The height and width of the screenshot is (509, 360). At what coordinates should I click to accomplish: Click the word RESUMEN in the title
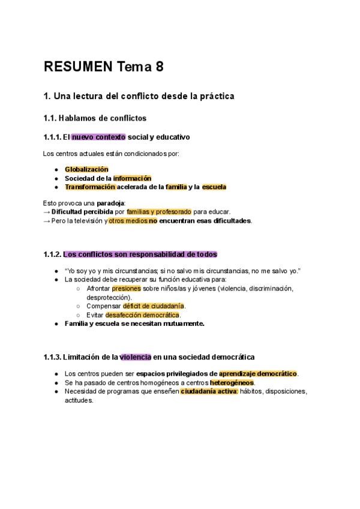coord(77,67)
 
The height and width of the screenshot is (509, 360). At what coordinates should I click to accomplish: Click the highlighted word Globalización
coord(86,169)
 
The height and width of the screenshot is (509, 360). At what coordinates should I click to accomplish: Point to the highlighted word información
coord(132,178)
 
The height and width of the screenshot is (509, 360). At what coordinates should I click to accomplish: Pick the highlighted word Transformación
coord(90,187)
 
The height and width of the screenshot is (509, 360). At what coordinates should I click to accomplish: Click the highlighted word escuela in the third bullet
coord(214,187)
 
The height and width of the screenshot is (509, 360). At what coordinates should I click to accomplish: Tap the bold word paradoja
coord(110,203)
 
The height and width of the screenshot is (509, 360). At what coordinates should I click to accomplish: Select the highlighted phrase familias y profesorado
coord(159,212)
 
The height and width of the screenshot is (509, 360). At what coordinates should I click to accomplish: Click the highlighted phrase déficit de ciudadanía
coord(154,306)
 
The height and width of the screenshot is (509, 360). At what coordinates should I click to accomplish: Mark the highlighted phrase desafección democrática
coord(142,315)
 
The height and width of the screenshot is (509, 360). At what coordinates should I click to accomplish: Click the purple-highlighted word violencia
coord(135,357)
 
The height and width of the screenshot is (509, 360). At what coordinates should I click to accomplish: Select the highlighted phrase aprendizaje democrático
coord(258,374)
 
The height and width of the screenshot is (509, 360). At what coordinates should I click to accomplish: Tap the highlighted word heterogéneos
coord(232,382)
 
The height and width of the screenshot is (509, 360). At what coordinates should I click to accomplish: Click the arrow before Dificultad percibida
coord(47,212)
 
